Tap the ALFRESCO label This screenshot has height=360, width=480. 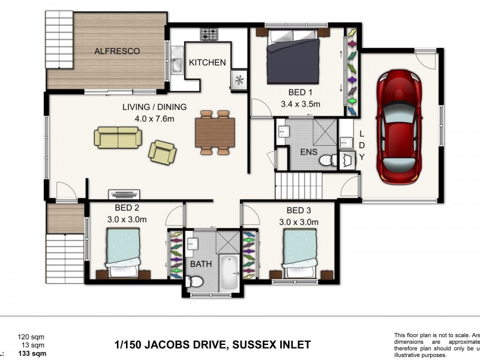click(x=117, y=52)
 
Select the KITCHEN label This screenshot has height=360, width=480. click(x=207, y=62)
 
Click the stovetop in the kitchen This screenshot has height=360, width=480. click(x=208, y=34)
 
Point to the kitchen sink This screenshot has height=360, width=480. click(x=177, y=62)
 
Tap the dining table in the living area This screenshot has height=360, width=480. click(x=215, y=132)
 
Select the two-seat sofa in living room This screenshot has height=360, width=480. click(x=118, y=137)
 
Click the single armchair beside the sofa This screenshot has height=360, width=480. click(x=163, y=152)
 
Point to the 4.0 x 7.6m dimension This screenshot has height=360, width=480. click(x=154, y=118)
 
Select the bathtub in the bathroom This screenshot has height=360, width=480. click(x=229, y=272)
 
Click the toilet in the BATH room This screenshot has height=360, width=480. click(x=195, y=281)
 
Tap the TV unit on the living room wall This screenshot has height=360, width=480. click(x=124, y=194)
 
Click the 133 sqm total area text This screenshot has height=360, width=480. click(x=32, y=353)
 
